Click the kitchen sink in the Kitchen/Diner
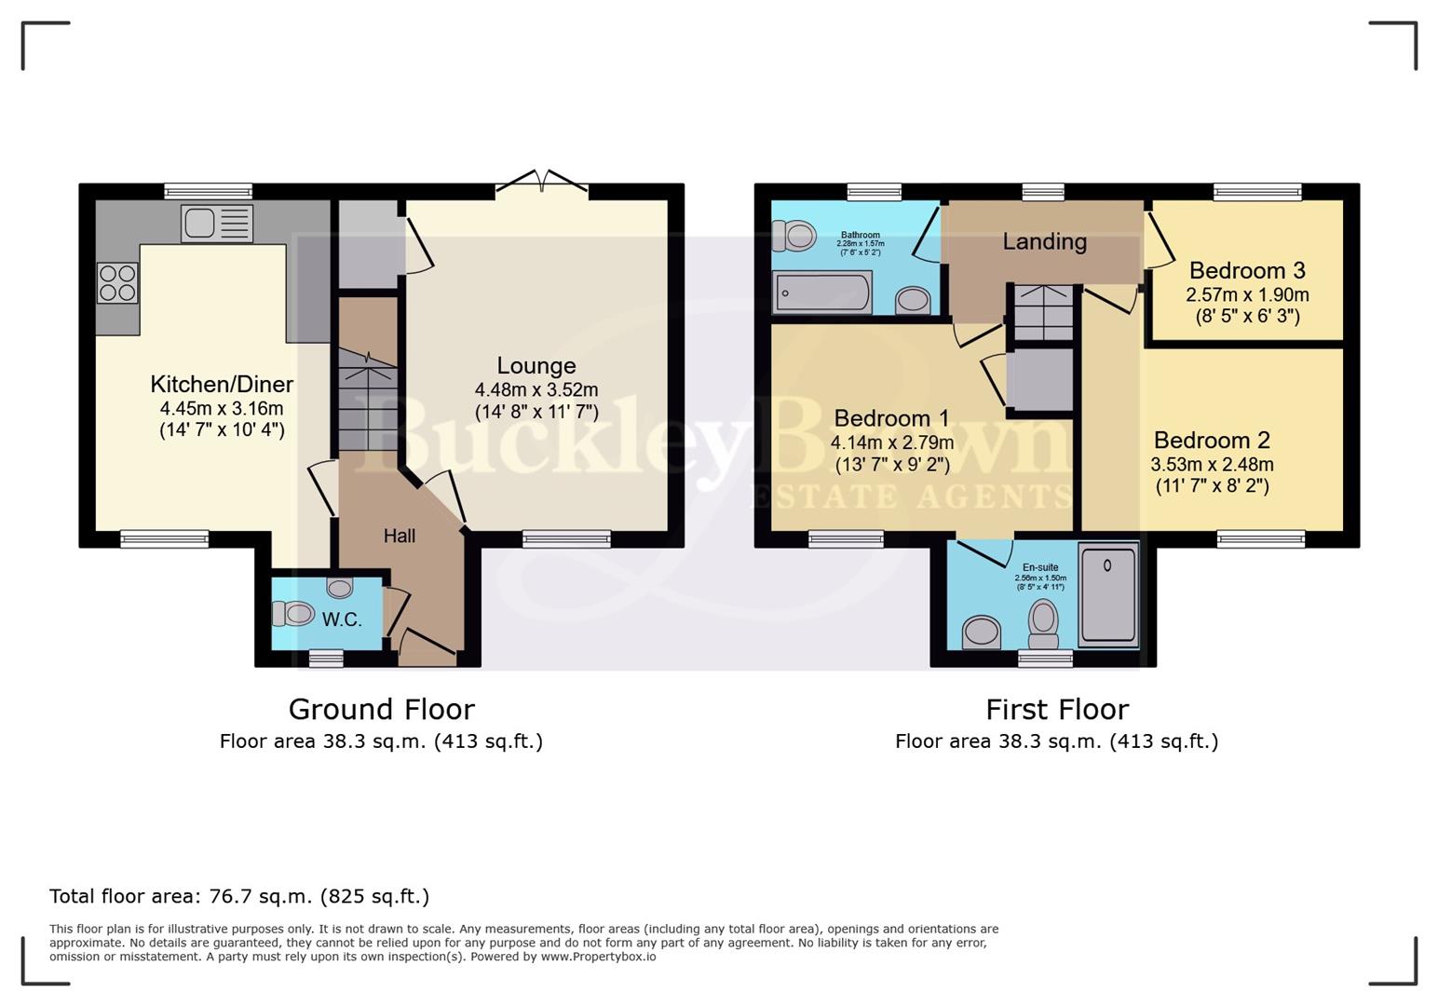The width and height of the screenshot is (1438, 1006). point(217,224)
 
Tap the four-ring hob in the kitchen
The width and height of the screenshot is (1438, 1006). point(117,283)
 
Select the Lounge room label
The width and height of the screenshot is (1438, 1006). point(536,366)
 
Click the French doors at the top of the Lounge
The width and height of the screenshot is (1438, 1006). point(541,183)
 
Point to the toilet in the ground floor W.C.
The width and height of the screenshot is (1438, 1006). point(293,614)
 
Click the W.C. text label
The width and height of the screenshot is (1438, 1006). point(342,619)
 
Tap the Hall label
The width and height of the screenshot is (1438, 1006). point(400,536)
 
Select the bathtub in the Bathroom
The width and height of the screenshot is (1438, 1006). point(821,292)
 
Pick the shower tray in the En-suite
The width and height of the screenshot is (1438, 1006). point(1107,594)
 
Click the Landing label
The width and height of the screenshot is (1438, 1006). point(1044,242)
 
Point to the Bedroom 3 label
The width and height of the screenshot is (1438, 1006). point(1247,271)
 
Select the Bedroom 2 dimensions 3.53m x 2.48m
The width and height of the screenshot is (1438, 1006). point(1212,464)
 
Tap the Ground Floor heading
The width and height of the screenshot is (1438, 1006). point(381,710)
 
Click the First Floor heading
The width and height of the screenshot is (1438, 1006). point(1057,710)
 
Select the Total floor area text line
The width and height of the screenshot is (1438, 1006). point(239,896)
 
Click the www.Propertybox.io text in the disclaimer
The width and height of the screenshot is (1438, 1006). point(598,957)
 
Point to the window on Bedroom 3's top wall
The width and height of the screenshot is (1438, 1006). point(1256,192)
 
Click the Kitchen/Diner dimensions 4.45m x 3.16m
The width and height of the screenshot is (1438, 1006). point(222,408)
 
